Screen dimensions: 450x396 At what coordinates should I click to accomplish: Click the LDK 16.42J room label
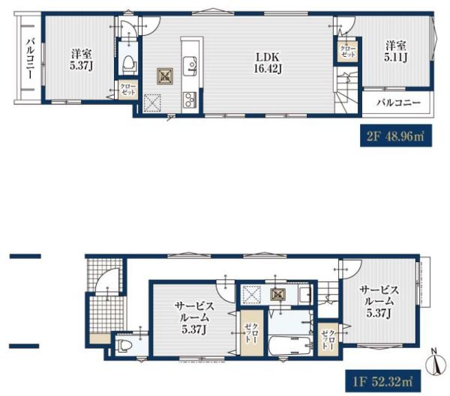(268, 63)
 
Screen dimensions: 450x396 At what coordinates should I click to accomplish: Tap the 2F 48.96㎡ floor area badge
(396, 135)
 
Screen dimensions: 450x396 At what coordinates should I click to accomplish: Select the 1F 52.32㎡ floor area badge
(383, 381)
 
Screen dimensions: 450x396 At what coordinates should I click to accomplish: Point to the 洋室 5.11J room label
(396, 52)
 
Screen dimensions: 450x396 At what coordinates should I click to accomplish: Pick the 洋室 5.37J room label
(82, 59)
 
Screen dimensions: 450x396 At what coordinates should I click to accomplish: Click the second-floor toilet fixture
(128, 64)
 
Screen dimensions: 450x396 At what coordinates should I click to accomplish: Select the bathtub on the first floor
(290, 346)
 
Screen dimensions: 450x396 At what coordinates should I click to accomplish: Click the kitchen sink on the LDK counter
(190, 66)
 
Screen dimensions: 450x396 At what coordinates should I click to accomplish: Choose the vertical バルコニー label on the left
(30, 58)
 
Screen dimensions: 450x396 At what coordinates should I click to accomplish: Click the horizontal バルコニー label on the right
(398, 103)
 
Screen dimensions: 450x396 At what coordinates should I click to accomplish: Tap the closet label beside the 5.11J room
(348, 52)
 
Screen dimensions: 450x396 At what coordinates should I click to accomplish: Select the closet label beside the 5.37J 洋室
(128, 89)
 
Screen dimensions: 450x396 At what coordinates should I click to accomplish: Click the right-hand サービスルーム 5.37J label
(379, 302)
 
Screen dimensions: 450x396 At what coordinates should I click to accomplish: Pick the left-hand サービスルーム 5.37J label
(194, 318)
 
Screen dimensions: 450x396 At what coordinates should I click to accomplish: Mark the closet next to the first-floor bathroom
(328, 340)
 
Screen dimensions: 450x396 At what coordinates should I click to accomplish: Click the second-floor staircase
(346, 92)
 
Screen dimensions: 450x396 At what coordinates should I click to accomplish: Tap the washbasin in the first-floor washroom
(304, 295)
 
